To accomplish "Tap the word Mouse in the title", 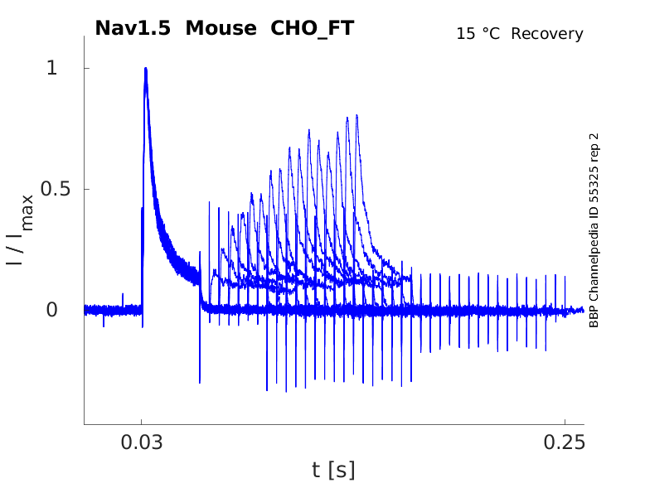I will (220, 28).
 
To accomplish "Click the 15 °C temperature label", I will (479, 35).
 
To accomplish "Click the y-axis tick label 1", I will (51, 68).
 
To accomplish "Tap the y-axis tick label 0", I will (51, 310).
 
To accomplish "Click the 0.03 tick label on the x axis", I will (142, 442).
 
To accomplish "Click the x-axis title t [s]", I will (333, 471).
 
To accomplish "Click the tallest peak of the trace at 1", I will (146, 70).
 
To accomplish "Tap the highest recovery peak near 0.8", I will (357, 117).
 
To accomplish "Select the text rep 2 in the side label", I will (594, 145).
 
